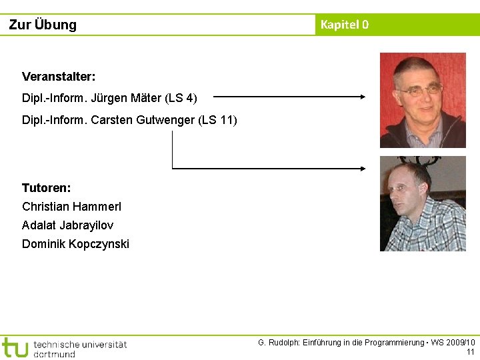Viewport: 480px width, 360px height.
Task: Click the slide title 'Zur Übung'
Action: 43,25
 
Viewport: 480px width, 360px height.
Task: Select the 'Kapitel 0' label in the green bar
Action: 344,25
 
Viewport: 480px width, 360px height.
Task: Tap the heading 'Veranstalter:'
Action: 59,77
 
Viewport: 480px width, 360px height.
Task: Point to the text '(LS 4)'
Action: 182,98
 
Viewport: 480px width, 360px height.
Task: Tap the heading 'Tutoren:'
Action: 47,188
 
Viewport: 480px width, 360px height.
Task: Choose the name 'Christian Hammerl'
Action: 71,207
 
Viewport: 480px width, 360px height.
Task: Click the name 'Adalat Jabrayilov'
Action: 67,225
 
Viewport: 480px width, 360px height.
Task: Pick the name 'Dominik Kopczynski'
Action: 75,244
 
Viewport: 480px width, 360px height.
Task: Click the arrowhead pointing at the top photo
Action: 363,97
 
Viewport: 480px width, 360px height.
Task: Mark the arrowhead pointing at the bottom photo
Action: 363,168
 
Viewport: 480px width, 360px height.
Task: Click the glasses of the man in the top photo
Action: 419,89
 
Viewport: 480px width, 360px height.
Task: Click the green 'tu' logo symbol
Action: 15,347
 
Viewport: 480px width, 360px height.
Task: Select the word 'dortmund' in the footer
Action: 54,353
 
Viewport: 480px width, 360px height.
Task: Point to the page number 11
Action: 471,352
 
